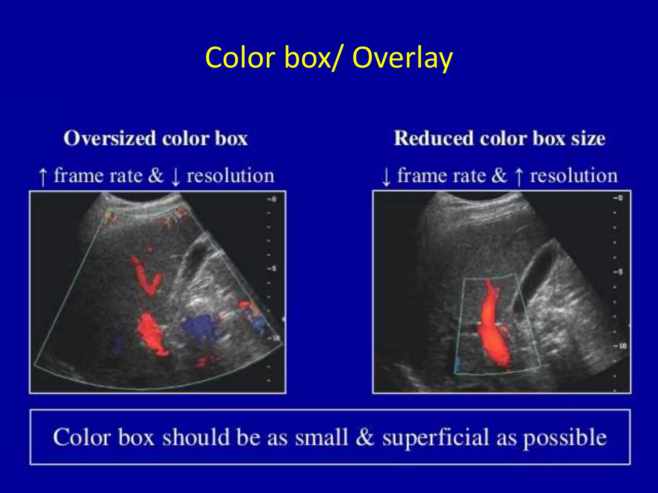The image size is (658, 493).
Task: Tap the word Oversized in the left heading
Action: [x=109, y=139]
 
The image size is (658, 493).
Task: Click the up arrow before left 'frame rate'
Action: [x=43, y=177]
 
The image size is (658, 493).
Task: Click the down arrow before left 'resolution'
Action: [x=175, y=177]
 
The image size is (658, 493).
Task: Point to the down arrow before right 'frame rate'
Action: [x=386, y=177]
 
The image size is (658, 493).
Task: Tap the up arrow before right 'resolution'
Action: [x=518, y=177]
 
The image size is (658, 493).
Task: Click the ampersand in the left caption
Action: [x=156, y=176]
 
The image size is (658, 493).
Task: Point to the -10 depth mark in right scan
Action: [x=619, y=346]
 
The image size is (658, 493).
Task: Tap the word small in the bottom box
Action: [x=321, y=437]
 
